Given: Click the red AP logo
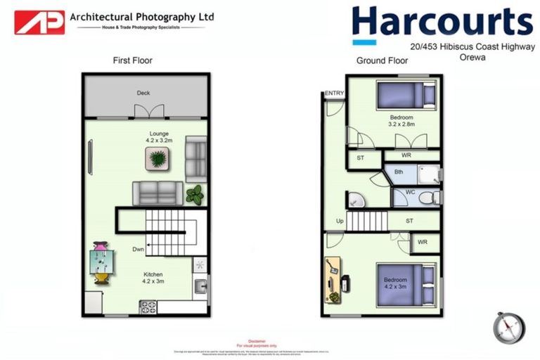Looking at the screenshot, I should [39, 22].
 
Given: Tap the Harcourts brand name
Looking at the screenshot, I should [442, 22].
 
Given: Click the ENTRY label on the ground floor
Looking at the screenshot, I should [334, 94].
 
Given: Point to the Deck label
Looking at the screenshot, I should [143, 93].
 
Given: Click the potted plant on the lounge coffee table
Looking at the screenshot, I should [159, 159].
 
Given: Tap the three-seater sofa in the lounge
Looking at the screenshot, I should [157, 192].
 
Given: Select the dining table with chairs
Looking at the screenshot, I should [101, 262].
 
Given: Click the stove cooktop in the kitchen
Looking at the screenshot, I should [148, 306].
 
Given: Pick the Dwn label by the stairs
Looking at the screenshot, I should [139, 249].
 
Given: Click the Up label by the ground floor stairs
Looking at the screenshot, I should [340, 221].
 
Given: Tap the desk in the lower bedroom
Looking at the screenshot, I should [333, 280].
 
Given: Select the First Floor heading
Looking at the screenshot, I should [132, 60].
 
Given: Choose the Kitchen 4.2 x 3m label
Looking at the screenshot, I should [153, 278].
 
